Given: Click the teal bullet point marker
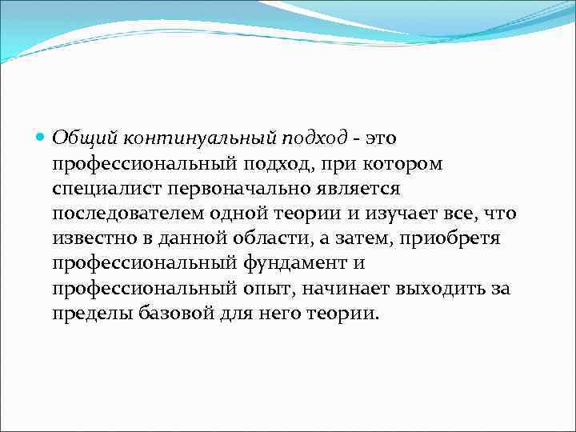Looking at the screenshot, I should tap(42, 138).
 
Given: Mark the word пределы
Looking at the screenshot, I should tap(89, 314).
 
